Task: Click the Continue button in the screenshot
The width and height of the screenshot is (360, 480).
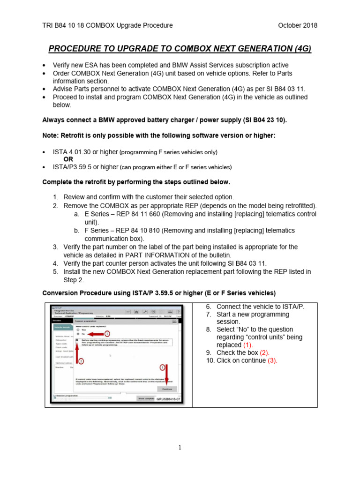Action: point(167,389)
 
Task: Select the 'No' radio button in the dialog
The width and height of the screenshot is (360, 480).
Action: point(78,334)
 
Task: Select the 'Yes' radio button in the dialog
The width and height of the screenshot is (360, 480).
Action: point(78,330)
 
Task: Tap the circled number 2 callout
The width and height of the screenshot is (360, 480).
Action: point(81,361)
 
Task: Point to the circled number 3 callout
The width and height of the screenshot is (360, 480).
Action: point(163,368)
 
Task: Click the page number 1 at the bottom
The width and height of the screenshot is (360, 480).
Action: point(180,448)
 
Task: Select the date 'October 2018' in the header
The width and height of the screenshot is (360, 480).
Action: point(298,25)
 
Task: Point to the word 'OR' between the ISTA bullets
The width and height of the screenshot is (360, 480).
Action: point(68,159)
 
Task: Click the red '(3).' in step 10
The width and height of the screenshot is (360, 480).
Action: point(272,360)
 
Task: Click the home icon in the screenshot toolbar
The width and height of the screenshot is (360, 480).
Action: point(136,312)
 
